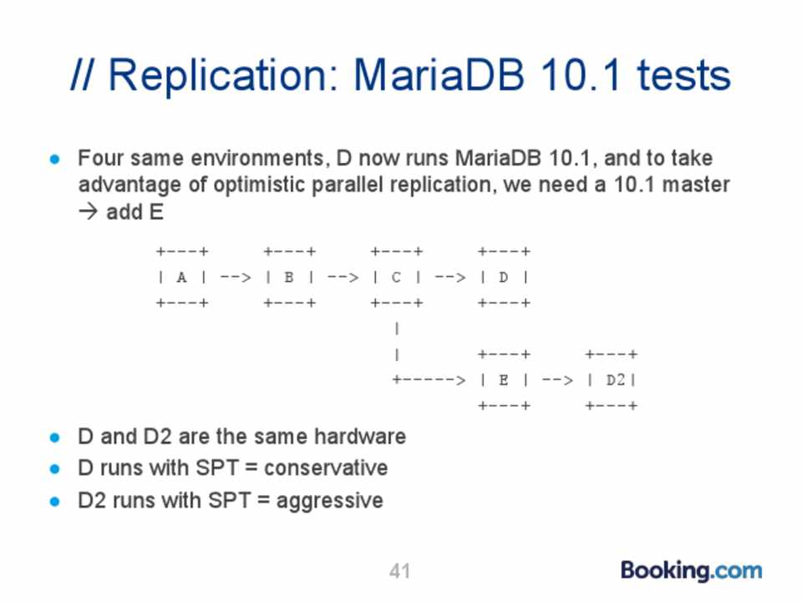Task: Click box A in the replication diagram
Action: pos(182,277)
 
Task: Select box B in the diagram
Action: pos(290,277)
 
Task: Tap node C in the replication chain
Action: pos(397,277)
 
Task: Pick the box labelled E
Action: pos(505,380)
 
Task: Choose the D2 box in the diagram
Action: pos(612,380)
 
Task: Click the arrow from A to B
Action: pos(236,278)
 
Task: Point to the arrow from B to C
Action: pos(343,278)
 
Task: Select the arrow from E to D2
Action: pos(558,380)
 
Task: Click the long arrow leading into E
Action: pos(429,380)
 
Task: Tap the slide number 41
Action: pos(399,571)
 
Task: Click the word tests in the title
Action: pos(684,76)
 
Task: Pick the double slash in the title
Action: pos(84,74)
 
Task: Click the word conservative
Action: pos(326,468)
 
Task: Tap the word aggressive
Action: pos(329,501)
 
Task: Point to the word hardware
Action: pos(360,436)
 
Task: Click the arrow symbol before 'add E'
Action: pos(88,212)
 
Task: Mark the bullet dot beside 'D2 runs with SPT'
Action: pos(55,501)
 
